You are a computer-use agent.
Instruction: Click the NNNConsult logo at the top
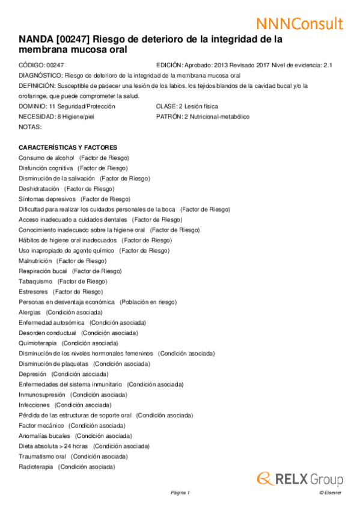click(299, 23)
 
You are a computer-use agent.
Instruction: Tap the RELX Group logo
click(300, 479)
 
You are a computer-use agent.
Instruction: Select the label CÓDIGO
click(31, 65)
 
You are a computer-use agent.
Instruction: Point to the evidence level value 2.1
click(328, 65)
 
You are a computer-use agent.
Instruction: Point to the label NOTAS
click(30, 127)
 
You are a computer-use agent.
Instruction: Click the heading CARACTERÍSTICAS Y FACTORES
click(68, 147)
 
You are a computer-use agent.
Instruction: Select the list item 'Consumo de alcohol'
click(46, 158)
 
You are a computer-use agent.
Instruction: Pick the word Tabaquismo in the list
click(35, 281)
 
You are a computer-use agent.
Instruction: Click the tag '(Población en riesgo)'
click(148, 302)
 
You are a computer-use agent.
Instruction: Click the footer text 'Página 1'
click(180, 493)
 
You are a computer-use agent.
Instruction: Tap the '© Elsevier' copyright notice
click(331, 493)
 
